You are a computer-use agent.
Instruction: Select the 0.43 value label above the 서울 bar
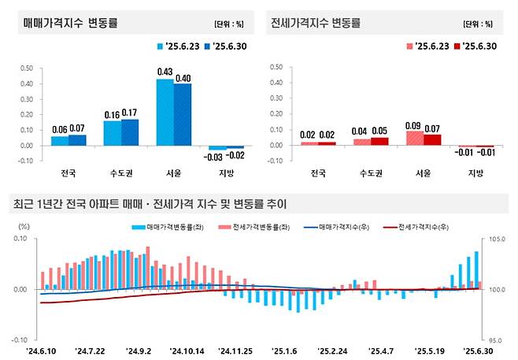165,72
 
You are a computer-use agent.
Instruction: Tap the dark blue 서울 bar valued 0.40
183,114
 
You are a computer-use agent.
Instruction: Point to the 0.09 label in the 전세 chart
413,124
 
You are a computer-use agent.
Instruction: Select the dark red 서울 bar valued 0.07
431,139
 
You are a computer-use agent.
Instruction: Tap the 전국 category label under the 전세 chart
317,173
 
